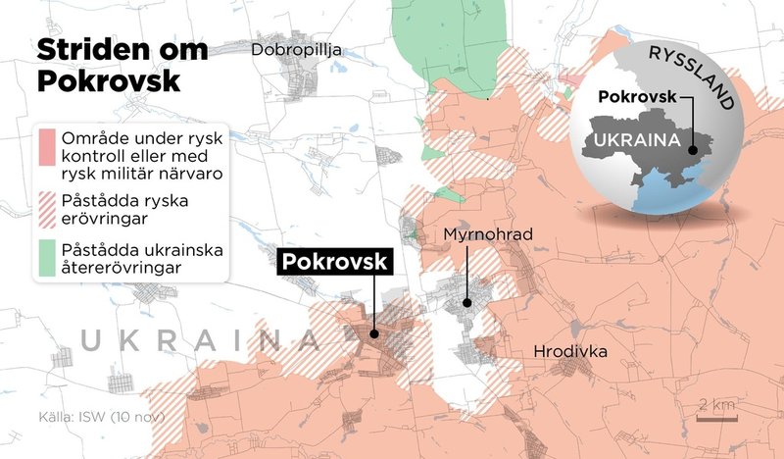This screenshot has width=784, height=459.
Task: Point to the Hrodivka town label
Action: coord(570,351)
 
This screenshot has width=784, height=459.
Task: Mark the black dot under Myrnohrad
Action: coord(467,302)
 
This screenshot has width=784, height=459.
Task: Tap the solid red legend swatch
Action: coord(46,147)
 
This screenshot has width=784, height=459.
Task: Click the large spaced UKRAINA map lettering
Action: coord(201,340)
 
